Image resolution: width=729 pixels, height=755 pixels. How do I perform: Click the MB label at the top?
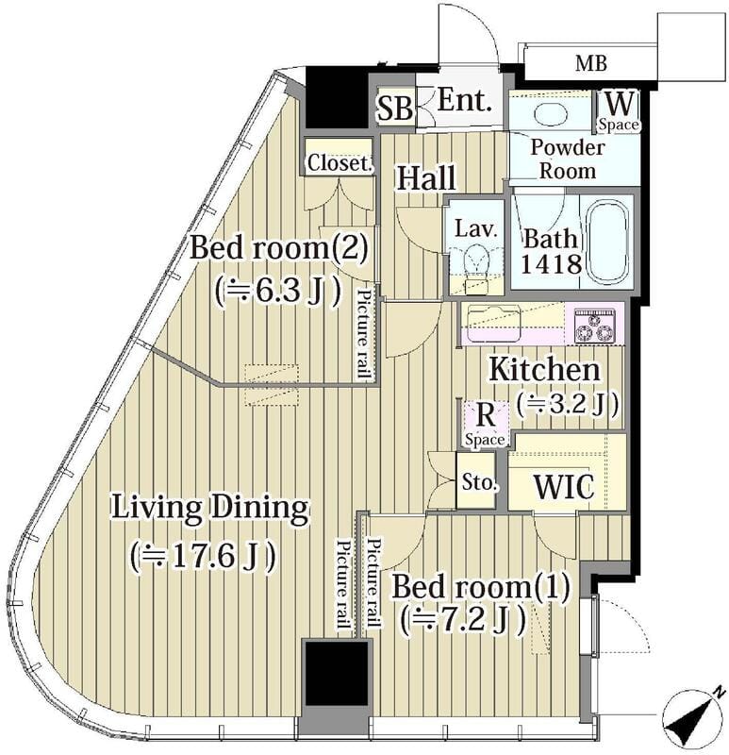(591, 64)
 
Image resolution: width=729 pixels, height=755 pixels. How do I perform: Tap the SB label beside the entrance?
(394, 108)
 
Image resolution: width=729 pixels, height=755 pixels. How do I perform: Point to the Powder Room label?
(567, 159)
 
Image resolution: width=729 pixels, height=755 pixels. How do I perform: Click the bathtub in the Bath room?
(607, 242)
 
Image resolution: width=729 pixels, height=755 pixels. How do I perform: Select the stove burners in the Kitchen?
(594, 326)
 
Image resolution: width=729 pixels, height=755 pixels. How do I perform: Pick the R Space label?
(484, 423)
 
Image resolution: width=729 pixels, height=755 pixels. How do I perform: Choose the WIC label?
(563, 488)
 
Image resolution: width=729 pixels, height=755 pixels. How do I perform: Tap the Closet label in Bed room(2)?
(338, 162)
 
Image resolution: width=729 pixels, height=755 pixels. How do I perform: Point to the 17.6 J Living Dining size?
(204, 556)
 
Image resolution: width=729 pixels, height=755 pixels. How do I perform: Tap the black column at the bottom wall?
(335, 674)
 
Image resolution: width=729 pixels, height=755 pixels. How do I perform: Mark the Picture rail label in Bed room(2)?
(363, 334)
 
